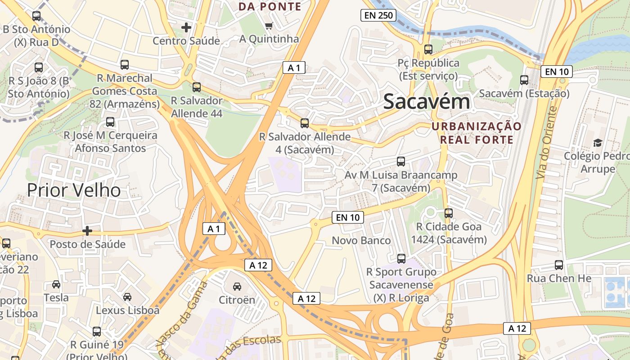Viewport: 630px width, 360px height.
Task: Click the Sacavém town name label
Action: [x=427, y=102]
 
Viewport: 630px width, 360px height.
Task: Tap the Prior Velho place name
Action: [x=74, y=190]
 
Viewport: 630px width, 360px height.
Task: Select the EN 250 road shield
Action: [x=378, y=16]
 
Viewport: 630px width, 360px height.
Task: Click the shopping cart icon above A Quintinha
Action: [x=269, y=26]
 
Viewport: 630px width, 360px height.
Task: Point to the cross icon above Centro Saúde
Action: [x=186, y=28]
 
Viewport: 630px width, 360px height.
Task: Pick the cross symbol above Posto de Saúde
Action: [x=87, y=231]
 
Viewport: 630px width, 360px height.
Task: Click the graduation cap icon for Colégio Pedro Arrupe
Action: [x=598, y=143]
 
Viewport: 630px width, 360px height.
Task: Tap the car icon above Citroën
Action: [x=237, y=287]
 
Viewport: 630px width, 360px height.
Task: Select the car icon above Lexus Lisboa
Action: [x=127, y=297]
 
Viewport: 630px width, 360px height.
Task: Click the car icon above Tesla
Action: [x=56, y=284]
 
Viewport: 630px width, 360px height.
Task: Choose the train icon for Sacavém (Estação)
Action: [x=524, y=80]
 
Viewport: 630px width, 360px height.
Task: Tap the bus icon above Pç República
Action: [x=428, y=49]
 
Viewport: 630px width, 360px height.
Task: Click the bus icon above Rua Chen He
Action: [x=559, y=265]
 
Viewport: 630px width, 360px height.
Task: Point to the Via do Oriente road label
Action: [x=546, y=143]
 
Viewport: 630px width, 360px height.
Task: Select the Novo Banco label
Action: [x=361, y=241]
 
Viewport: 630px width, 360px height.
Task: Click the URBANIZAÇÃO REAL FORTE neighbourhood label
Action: [x=477, y=133]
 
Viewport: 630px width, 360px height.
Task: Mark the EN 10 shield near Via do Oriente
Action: [x=557, y=72]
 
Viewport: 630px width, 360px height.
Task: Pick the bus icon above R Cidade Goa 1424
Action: [x=449, y=213]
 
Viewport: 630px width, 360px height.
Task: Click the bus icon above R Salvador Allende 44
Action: [x=197, y=87]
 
